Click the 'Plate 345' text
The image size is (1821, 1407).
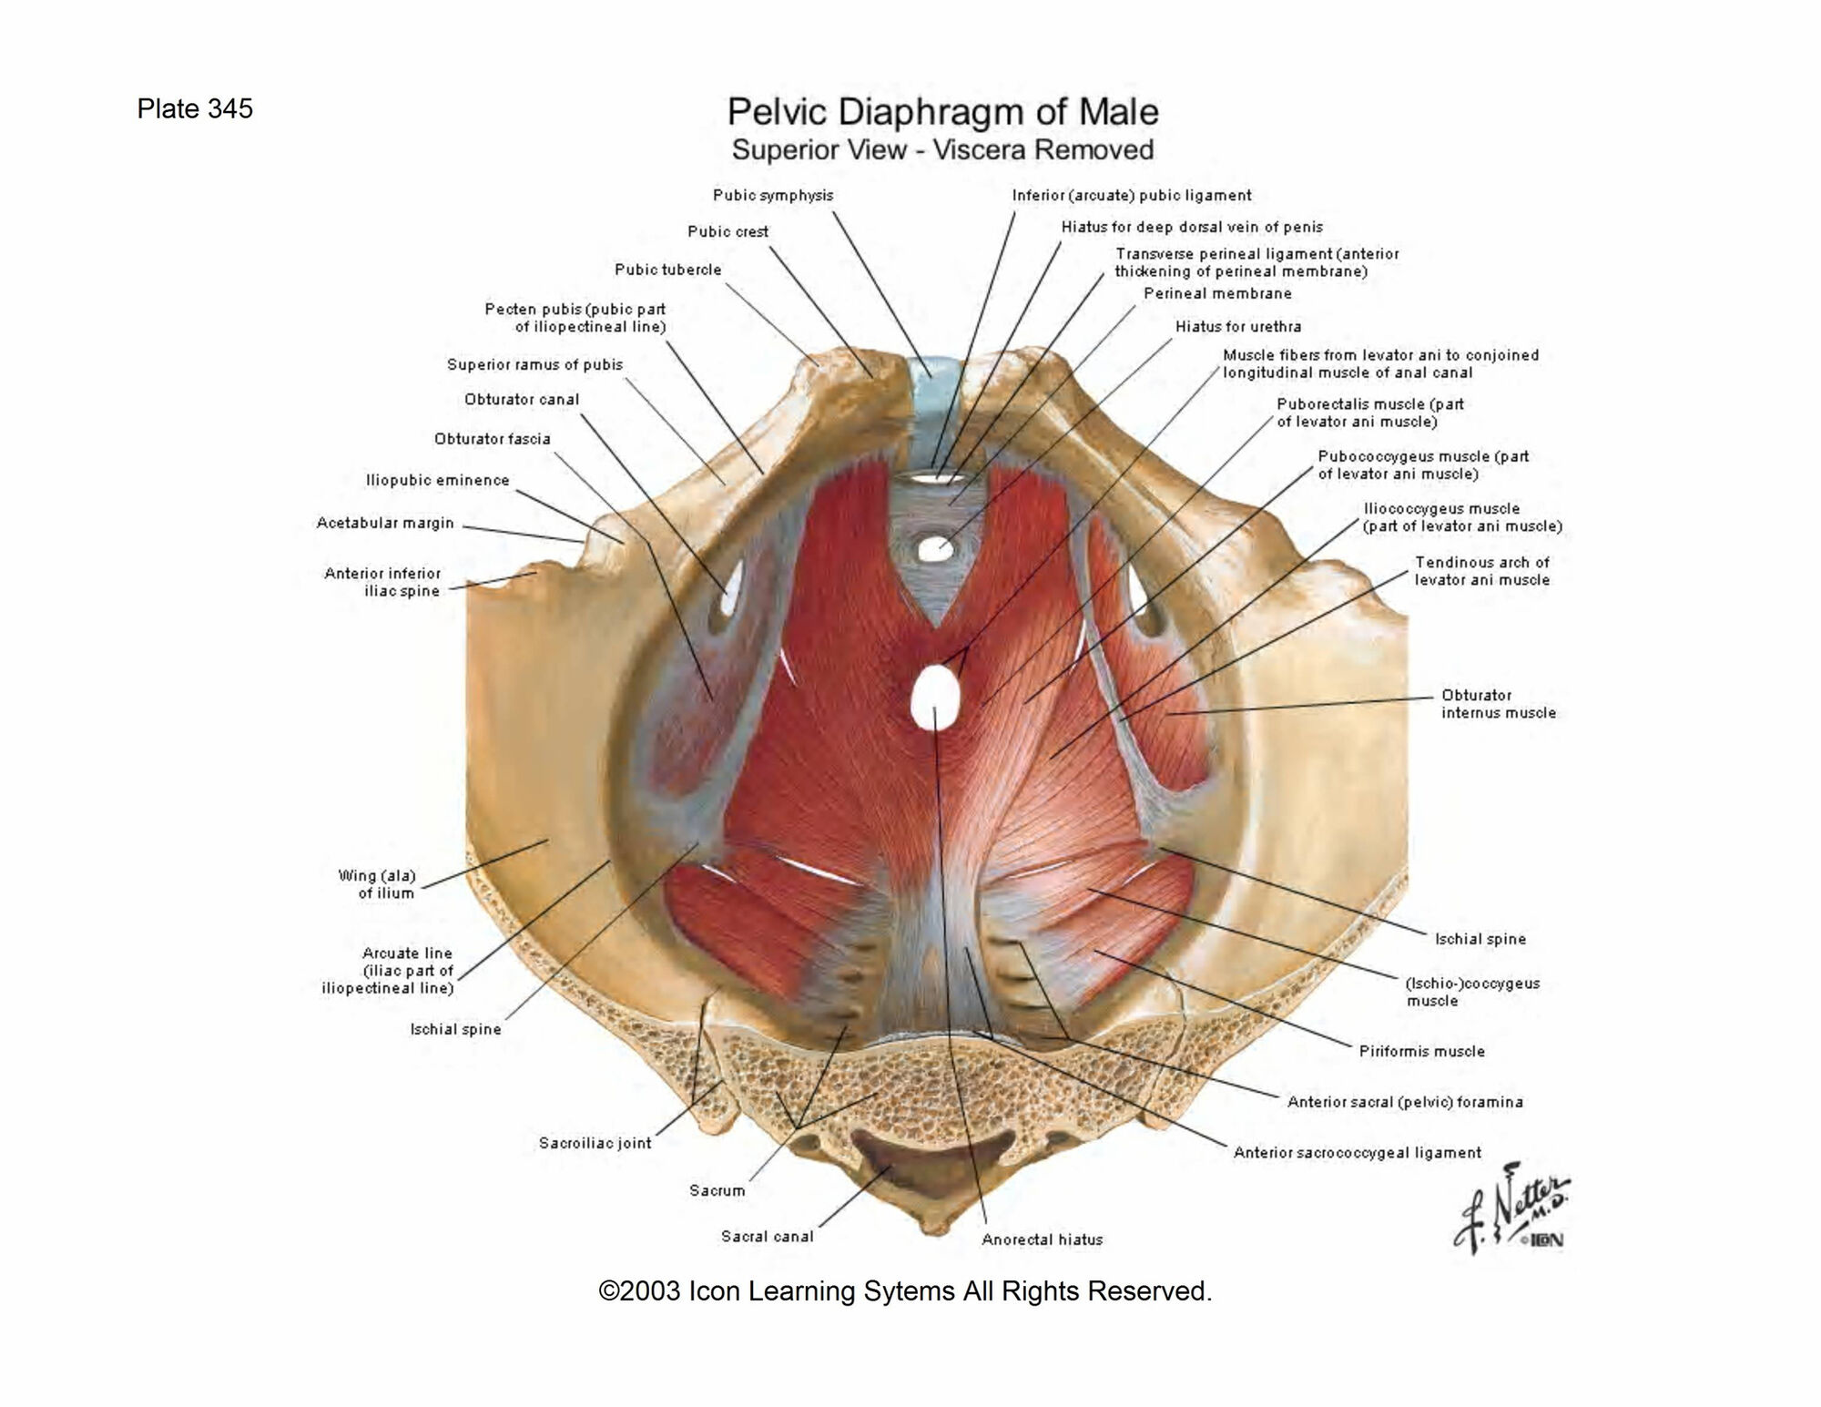pyautogui.click(x=195, y=109)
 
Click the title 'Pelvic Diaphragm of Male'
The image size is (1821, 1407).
pyautogui.click(x=942, y=112)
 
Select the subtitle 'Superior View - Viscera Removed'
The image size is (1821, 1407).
pyautogui.click(x=942, y=149)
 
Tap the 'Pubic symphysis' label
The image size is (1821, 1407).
pyautogui.click(x=772, y=196)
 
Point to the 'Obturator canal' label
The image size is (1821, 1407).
pyautogui.click(x=521, y=400)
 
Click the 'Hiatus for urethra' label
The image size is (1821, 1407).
pyautogui.click(x=1237, y=327)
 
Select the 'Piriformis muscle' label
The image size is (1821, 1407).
pyautogui.click(x=1421, y=1052)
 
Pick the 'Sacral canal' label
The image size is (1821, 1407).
pyautogui.click(x=767, y=1237)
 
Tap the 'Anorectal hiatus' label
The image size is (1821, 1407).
pyautogui.click(x=1042, y=1240)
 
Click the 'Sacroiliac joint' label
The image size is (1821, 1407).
pyautogui.click(x=595, y=1144)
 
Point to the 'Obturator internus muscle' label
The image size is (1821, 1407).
pyautogui.click(x=1498, y=704)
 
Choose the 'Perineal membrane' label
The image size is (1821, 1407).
pyautogui.click(x=1217, y=294)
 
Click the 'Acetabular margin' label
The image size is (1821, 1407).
pyautogui.click(x=384, y=524)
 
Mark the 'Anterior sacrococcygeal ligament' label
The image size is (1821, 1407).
pyautogui.click(x=1357, y=1153)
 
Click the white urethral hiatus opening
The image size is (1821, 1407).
pyautogui.click(x=934, y=549)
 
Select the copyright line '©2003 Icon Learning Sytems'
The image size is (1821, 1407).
pyautogui.click(x=905, y=1291)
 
